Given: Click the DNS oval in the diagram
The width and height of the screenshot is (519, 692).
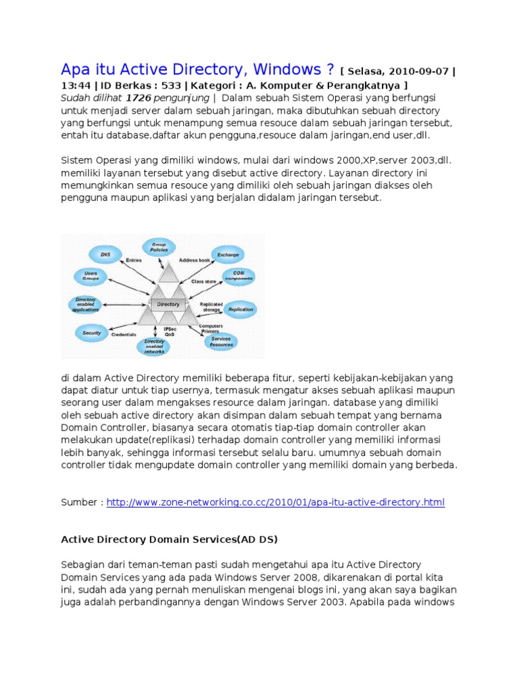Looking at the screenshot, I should [x=105, y=255].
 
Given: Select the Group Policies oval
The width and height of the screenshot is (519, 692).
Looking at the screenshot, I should [x=158, y=247].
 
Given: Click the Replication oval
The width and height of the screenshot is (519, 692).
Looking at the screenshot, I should [x=241, y=310].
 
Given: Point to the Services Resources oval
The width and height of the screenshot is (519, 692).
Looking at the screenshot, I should [x=221, y=341].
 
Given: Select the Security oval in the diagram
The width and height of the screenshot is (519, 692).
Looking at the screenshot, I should [x=92, y=333].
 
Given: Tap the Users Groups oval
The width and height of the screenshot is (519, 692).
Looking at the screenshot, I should [x=90, y=276].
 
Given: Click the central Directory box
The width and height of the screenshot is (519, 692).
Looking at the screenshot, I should [x=168, y=304].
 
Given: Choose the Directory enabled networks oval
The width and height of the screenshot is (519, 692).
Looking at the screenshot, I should [x=154, y=347].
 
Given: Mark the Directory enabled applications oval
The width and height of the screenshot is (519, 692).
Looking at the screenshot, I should [x=85, y=304].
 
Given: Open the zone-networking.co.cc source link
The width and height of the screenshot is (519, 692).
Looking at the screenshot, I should [x=276, y=503].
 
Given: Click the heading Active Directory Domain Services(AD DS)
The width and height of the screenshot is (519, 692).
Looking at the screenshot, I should [x=169, y=539].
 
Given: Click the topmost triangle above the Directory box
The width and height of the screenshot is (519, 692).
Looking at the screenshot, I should [x=169, y=272].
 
